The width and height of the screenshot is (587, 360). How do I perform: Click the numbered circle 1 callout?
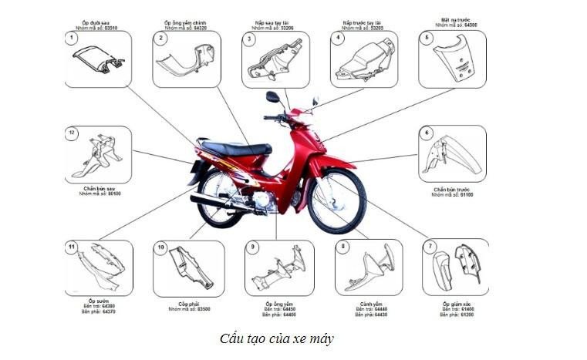click(72, 38)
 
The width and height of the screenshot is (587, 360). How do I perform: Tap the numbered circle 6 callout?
click(426, 133)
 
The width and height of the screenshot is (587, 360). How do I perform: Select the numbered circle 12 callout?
click(72, 133)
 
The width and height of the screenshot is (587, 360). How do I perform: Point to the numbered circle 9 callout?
click(252, 247)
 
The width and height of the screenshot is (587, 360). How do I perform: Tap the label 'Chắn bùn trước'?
click(452, 189)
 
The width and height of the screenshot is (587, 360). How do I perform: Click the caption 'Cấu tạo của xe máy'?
click(277, 338)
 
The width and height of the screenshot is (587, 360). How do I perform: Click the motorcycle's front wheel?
click(336, 202)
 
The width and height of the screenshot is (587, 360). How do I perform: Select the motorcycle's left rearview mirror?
click(272, 97)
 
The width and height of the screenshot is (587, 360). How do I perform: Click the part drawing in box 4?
click(363, 62)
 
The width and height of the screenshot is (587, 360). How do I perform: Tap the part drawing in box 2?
click(185, 62)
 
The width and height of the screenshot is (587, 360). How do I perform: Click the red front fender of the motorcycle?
click(333, 164)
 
